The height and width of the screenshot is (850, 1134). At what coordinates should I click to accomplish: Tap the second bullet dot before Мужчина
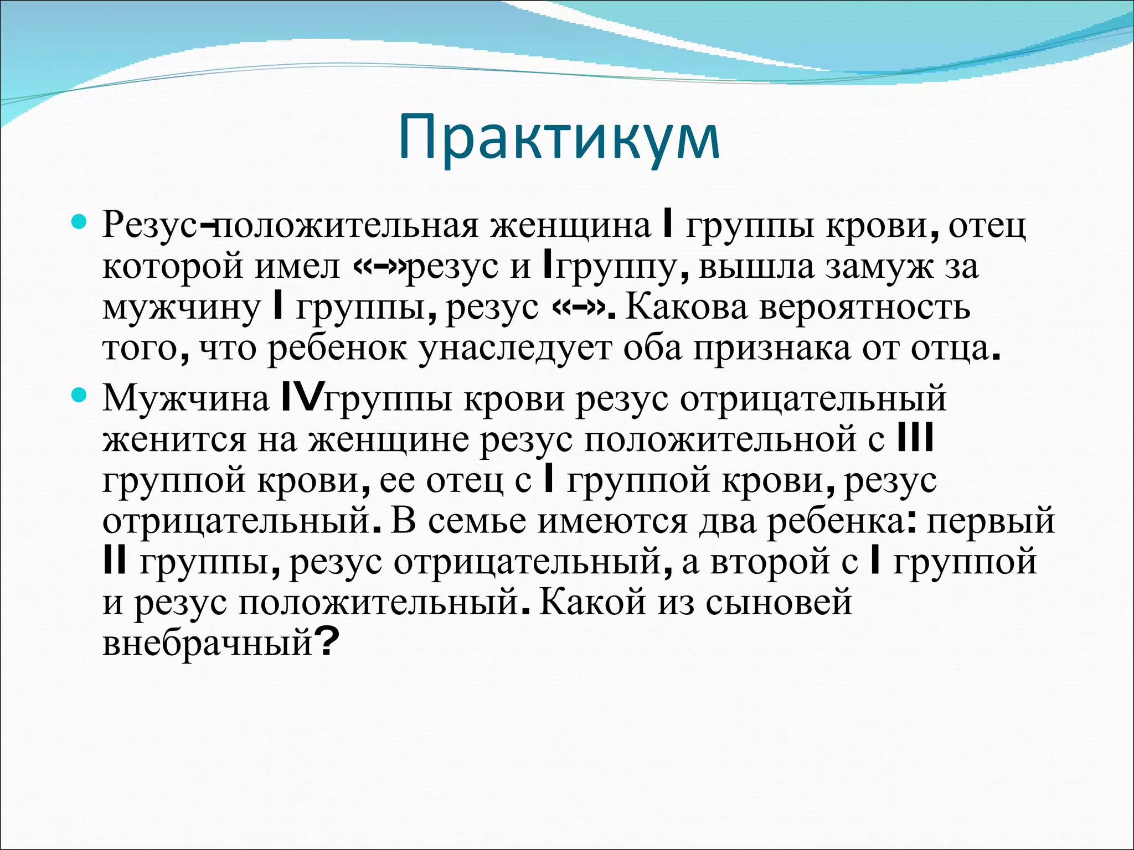pos(79,395)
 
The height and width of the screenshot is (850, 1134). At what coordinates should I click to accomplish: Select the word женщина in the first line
pos(570,225)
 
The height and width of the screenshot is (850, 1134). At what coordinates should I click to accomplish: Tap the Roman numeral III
pos(915,439)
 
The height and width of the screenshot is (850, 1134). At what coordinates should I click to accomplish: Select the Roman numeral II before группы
pos(115,562)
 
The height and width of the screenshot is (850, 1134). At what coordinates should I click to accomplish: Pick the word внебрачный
pos(208,644)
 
